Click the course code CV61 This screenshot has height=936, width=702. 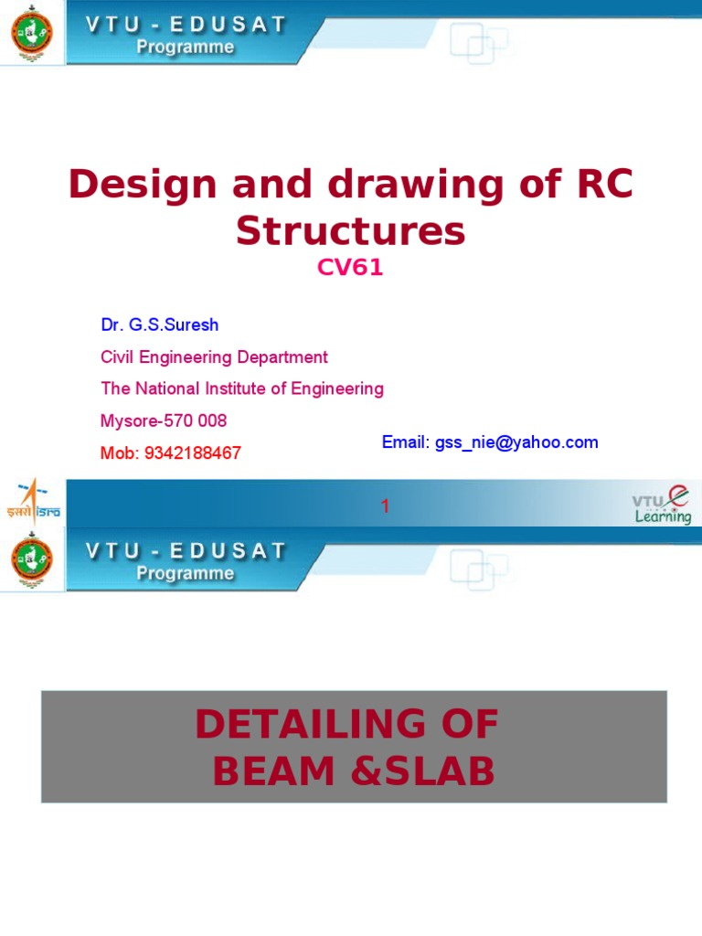(x=350, y=268)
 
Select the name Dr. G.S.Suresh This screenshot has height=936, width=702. (x=159, y=325)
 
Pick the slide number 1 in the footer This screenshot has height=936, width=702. (x=386, y=506)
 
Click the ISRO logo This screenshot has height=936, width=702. (x=33, y=502)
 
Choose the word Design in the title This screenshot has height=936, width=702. (x=133, y=186)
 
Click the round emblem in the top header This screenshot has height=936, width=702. (x=32, y=34)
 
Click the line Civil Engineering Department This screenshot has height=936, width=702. (x=214, y=357)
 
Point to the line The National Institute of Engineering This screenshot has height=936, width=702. (x=242, y=388)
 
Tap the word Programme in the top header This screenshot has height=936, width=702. (x=186, y=48)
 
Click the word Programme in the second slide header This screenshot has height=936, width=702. (x=186, y=574)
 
